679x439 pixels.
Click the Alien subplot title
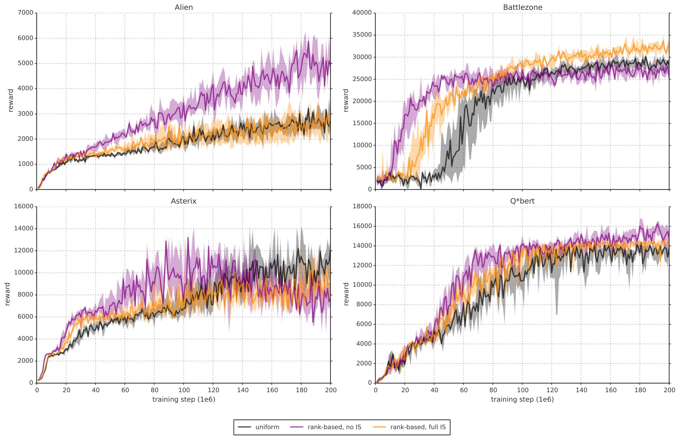tap(184, 7)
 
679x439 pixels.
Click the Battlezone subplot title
tap(522, 7)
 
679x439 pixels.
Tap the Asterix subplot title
tap(184, 201)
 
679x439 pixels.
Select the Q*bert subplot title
tap(522, 201)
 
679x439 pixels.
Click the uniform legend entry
tap(267, 427)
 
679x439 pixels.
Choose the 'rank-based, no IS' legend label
tap(334, 427)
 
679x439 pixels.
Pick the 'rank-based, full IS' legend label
tap(418, 427)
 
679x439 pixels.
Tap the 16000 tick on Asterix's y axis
tap(24, 207)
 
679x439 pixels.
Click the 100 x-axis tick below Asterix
tap(184, 390)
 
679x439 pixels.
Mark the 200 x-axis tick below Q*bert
tap(669, 390)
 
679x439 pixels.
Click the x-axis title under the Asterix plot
tap(184, 399)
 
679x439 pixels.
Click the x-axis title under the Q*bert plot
tap(522, 399)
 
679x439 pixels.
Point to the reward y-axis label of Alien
tap(11, 100)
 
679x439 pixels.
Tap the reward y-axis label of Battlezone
tap(346, 100)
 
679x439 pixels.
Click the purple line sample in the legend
tap(297, 427)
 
